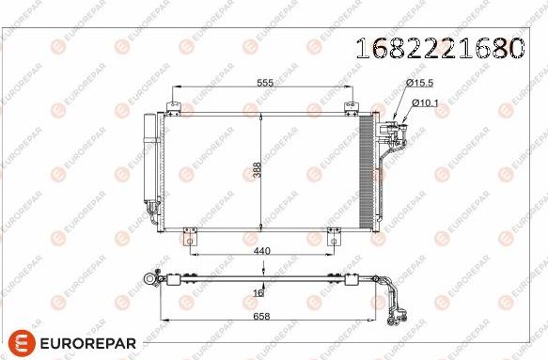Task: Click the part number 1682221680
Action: click(440, 48)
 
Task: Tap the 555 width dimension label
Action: click(265, 83)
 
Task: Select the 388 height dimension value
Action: click(257, 169)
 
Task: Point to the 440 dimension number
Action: click(262, 251)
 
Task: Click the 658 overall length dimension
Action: click(261, 317)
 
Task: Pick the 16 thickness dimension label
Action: click(258, 293)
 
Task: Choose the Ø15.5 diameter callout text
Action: click(420, 83)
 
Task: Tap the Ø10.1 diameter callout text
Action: click(425, 103)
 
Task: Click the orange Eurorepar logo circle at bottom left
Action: click(22, 343)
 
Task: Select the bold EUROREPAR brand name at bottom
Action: click(88, 343)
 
